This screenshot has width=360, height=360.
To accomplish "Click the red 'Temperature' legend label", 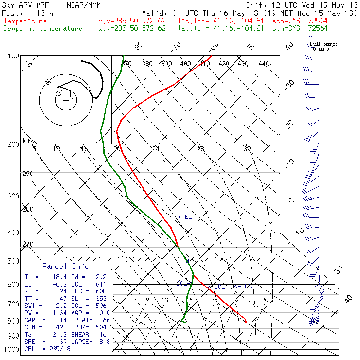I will pyautogui.click(x=25, y=21).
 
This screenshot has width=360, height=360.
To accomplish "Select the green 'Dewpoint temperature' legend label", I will pyautogui.click(x=43, y=28).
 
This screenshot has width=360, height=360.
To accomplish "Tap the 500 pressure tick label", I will pyautogui.click(x=13, y=261).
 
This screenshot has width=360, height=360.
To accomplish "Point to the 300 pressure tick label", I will pyautogui.click(x=13, y=196).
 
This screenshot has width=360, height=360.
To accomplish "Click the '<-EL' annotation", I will pyautogui.click(x=185, y=217).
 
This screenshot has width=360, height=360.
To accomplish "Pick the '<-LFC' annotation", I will pyautogui.click(x=243, y=286).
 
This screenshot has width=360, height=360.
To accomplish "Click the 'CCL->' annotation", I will pyautogui.click(x=183, y=283).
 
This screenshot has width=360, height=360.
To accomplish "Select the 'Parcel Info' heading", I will pyautogui.click(x=65, y=266).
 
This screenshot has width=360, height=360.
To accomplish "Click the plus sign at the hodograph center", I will pyautogui.click(x=66, y=100).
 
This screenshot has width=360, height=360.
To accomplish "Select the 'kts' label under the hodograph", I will pyautogui.click(x=28, y=141).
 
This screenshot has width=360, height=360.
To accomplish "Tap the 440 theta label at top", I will pyautogui.click(x=264, y=64).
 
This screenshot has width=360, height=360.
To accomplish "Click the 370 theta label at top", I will pyautogui.click(x=126, y=64).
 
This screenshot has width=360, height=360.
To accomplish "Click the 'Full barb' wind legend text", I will pyautogui.click(x=324, y=44).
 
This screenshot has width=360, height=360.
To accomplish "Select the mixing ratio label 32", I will pyautogui.click(x=247, y=149).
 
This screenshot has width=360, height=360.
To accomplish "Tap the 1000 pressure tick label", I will pyautogui.click(x=11, y=349).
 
